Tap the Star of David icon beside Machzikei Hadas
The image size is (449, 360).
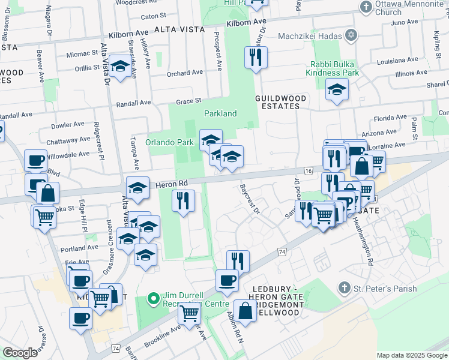tap(352, 37)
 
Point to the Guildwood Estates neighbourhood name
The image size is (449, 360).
tap(281, 102)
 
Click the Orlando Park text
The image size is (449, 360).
tap(169, 143)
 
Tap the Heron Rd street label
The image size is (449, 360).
tap(173, 184)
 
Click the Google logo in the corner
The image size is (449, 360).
tap(20, 352)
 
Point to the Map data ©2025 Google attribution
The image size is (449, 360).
tap(412, 355)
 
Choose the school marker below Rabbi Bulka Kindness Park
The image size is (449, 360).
tap(337, 90)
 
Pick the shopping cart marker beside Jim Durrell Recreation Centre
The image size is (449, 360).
tap(190, 312)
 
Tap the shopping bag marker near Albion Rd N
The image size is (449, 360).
tap(245, 310)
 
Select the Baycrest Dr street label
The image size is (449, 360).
tap(249, 200)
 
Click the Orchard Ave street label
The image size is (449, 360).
tap(185, 73)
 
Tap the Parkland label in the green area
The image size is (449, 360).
tap(220, 113)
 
